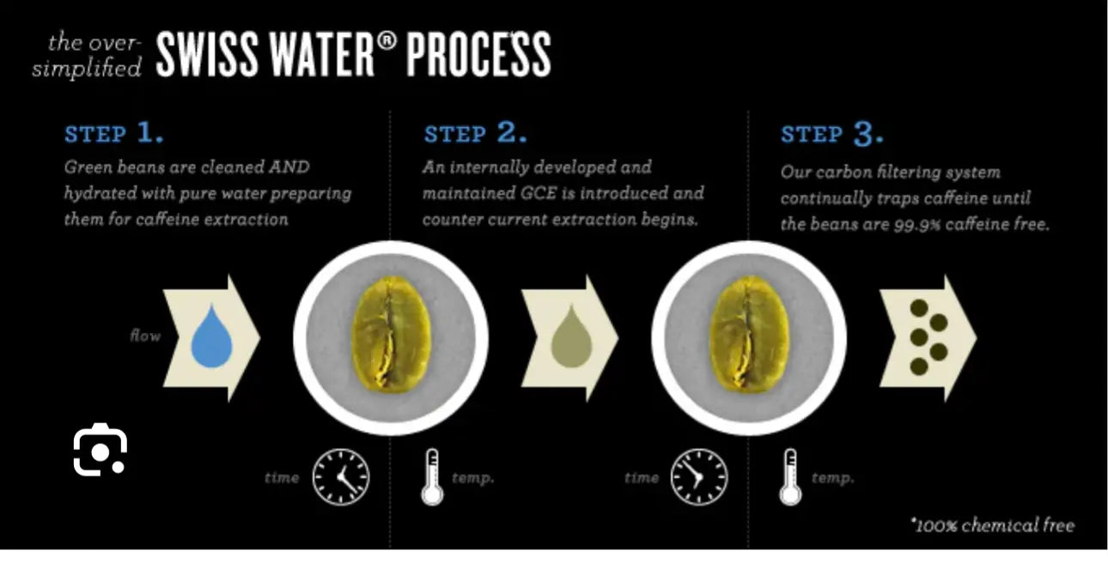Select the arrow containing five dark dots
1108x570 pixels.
click(928, 338)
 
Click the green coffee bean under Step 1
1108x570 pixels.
click(391, 336)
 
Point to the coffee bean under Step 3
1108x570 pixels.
click(749, 336)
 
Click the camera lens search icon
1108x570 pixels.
click(100, 449)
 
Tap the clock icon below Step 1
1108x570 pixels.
click(341, 477)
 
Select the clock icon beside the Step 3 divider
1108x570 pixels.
click(699, 477)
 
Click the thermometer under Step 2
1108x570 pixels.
click(432, 477)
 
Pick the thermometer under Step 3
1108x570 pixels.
click(790, 477)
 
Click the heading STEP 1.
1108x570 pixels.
click(113, 133)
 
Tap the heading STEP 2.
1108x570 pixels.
click(475, 133)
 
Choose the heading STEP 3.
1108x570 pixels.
click(832, 133)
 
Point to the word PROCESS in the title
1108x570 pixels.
click(478, 54)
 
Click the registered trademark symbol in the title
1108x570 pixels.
click(387, 41)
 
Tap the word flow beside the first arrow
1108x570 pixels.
click(145, 336)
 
